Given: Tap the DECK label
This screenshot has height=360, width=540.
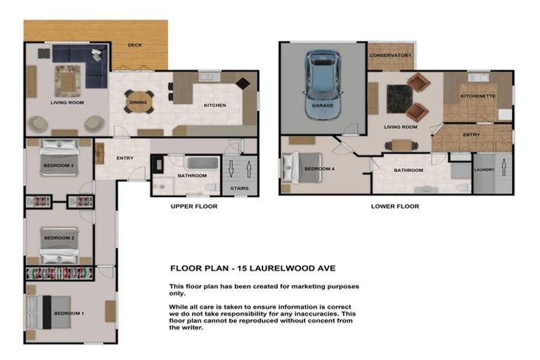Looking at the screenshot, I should click(135, 46).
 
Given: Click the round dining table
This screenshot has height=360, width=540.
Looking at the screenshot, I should click(138, 102).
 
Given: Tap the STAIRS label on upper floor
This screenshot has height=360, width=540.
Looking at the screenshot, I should click(239, 188).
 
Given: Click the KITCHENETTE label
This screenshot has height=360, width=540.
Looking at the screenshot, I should click(478, 96).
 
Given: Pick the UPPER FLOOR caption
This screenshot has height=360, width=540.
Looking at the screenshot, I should click(194, 207).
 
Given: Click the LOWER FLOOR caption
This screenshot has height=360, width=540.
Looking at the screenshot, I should click(394, 207).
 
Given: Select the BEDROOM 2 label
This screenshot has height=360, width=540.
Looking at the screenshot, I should click(59, 238).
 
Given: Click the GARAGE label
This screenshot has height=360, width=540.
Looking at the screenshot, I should click(322, 106).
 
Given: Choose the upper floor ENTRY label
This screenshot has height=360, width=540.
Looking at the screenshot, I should click(125, 158).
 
